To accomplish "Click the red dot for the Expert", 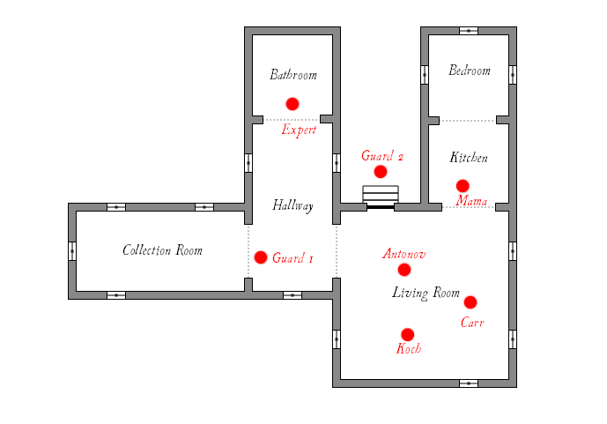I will coord(292,104).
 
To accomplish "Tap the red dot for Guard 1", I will coord(261,257).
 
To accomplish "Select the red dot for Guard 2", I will coord(381,172).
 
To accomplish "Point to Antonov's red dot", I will coord(404,270).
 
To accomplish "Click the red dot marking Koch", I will coord(408,335).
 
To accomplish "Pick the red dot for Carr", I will coord(470,302).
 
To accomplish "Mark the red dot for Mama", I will coord(463,186).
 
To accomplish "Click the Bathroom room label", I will coord(292,75).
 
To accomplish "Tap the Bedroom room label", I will coord(469,71).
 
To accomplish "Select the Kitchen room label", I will coord(469,158).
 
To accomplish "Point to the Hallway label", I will coord(292,205).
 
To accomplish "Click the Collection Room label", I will coord(162,250).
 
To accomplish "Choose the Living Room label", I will coord(426,293).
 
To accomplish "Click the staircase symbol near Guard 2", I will coord(381,196).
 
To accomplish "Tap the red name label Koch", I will coord(409,349).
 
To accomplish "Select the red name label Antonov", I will coord(404,254).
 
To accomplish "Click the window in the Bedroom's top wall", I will coord(469,31).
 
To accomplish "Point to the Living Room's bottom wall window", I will coord(469,383).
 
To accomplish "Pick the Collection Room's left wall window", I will coord(72,250).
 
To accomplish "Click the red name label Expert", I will coord(299,130).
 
